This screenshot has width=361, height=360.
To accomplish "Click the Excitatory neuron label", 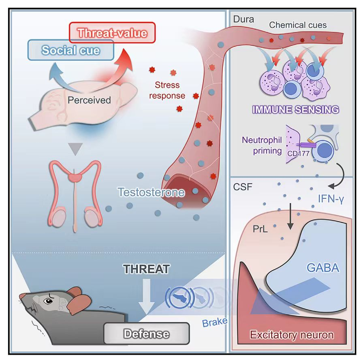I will [x=292, y=335].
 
